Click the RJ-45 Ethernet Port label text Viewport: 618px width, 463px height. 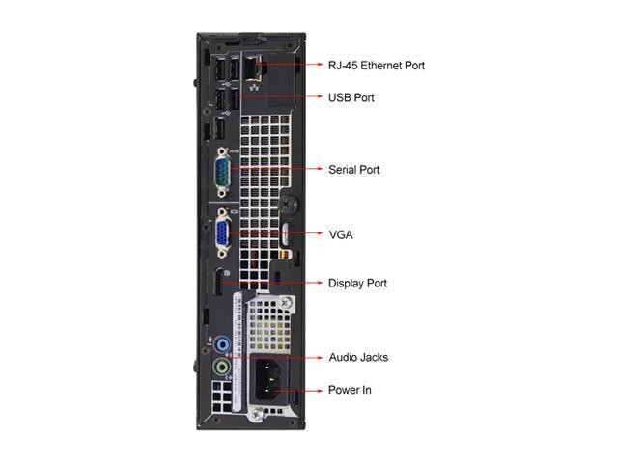pos(376,66)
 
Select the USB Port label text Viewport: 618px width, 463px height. pos(351,97)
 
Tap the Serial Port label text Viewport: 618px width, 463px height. pos(354,169)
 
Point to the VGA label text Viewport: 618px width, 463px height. pos(339,234)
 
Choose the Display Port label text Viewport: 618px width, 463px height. pos(357,283)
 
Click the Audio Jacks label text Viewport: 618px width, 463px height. pos(358,357)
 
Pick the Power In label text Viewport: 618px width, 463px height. pos(350,390)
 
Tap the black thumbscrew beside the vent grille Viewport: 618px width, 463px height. pos(288,204)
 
